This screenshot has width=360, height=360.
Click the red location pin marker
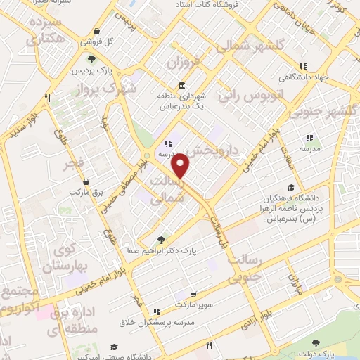[x=181, y=166]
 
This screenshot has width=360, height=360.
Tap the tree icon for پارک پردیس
[x=90, y=60]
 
